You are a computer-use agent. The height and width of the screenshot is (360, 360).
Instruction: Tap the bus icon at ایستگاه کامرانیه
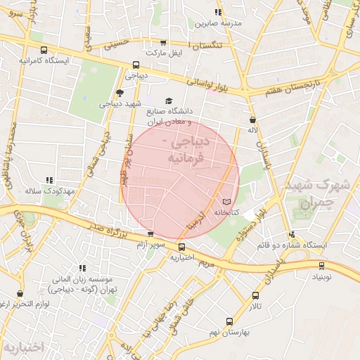[45, 50]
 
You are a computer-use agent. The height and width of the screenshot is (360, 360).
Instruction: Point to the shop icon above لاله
[252, 120]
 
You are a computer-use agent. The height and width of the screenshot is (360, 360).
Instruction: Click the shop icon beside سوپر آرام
[150, 234]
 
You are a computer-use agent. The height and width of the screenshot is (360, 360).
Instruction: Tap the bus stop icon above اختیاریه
[181, 247]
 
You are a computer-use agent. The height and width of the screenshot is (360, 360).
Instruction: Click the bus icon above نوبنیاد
[322, 266]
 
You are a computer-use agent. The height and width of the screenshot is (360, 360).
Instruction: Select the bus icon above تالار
[255, 296]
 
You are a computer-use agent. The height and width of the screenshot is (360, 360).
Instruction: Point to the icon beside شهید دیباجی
[119, 93]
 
